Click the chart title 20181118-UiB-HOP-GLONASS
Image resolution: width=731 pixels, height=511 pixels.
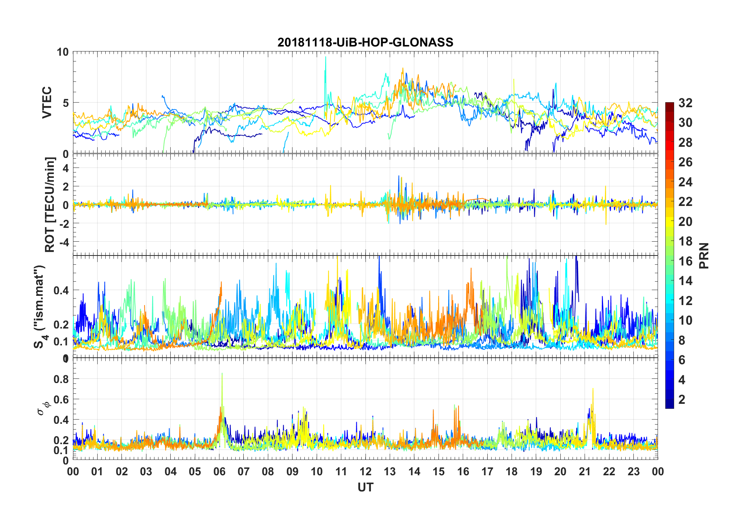tap(365, 42)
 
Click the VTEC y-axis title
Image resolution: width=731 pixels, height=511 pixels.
tap(47, 103)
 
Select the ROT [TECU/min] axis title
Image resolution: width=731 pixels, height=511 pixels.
tap(50, 204)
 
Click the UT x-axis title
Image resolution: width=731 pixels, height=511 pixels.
tap(365, 488)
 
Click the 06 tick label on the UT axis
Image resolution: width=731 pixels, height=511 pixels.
tap(219, 472)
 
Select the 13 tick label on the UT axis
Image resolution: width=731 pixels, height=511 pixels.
tap(390, 472)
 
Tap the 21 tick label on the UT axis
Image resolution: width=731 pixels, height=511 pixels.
tap(585, 472)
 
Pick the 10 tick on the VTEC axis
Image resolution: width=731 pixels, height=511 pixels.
tap(63, 52)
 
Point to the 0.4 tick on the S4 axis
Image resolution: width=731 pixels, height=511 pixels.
tap(61, 290)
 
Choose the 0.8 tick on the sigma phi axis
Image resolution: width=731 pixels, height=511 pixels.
tap(61, 379)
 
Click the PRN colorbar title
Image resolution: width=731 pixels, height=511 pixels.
tap(704, 255)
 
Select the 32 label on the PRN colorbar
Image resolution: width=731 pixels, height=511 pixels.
tap(685, 103)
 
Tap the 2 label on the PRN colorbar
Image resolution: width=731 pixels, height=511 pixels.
tap(682, 400)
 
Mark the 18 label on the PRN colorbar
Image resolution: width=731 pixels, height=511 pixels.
tap(685, 241)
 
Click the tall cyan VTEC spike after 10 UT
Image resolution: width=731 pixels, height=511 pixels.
tap(326, 58)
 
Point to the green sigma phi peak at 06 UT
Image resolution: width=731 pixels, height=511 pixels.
tap(222, 374)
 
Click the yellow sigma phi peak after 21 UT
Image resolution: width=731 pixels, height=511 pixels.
tap(593, 389)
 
